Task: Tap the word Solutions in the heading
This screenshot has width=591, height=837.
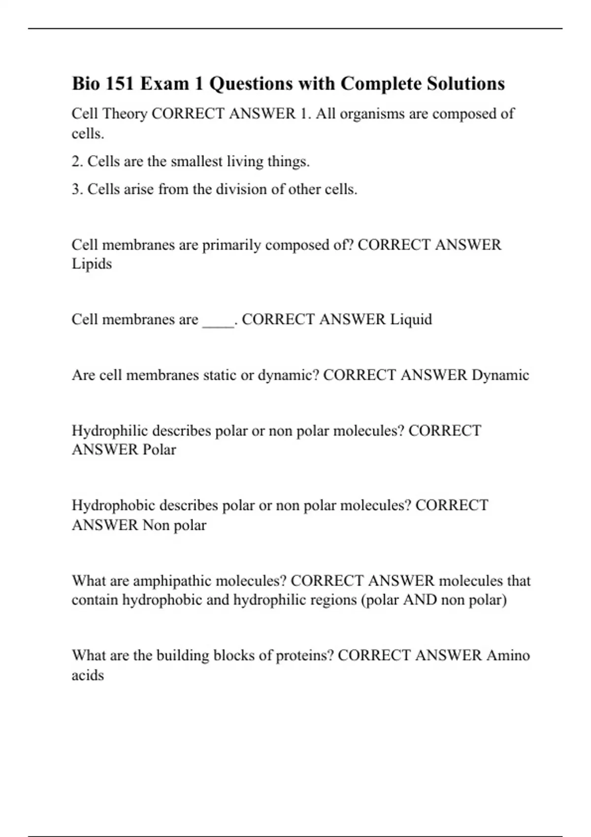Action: click(466, 84)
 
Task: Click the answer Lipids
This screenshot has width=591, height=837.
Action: click(92, 264)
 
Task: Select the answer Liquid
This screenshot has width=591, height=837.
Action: click(411, 320)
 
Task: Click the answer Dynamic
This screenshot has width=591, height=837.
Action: click(500, 375)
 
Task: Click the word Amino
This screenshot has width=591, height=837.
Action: click(508, 656)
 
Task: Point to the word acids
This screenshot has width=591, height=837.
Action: click(88, 675)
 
